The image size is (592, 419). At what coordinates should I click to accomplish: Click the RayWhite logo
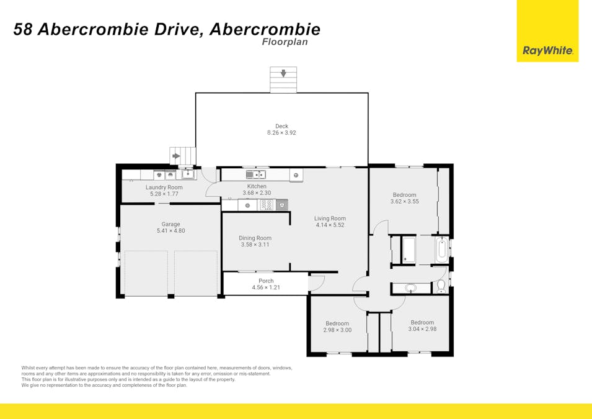click(x=547, y=51)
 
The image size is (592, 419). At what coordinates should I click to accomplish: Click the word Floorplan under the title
click(x=285, y=42)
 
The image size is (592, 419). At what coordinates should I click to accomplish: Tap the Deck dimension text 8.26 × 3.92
click(x=282, y=133)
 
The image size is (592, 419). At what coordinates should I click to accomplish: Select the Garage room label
click(x=170, y=224)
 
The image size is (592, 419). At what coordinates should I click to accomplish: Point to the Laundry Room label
click(x=164, y=187)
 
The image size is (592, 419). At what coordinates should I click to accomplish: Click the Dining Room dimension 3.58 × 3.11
click(x=256, y=245)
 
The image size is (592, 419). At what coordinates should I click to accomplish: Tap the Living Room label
click(x=330, y=218)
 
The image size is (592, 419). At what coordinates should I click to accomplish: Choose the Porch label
click(x=266, y=281)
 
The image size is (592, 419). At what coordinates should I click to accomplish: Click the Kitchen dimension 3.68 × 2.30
click(x=257, y=193)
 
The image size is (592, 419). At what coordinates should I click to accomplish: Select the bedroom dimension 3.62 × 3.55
click(x=404, y=201)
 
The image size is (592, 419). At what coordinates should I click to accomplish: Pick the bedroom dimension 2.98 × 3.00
click(x=337, y=330)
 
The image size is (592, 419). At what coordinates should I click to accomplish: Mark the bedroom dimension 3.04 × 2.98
click(x=422, y=329)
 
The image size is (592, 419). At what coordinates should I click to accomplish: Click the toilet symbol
click(x=441, y=286)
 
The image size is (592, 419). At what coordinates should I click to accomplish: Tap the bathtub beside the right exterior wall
click(x=441, y=250)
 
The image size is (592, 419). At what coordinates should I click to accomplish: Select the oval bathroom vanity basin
click(x=410, y=288)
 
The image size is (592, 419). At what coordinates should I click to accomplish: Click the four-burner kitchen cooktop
click(x=266, y=204)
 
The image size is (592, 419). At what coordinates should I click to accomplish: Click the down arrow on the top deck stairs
click(x=283, y=74)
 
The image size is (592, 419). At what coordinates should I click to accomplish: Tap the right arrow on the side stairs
click(x=176, y=156)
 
